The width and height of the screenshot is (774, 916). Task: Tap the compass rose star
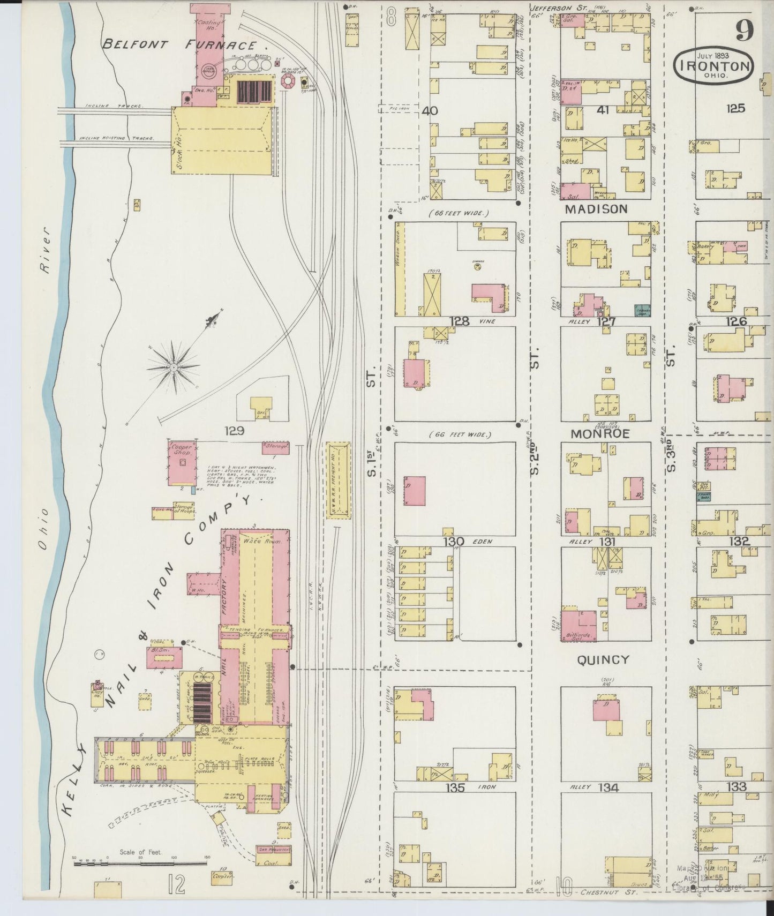pos(174,367)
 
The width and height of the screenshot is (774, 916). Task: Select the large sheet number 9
pos(745,31)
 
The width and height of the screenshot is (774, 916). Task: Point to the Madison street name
pos(596,209)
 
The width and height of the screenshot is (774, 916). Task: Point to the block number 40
pos(430,111)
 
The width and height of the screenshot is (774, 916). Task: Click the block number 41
pos(604,110)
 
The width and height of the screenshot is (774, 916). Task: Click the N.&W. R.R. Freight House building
pos(338,479)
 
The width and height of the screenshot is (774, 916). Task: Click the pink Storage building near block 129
pos(275,447)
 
